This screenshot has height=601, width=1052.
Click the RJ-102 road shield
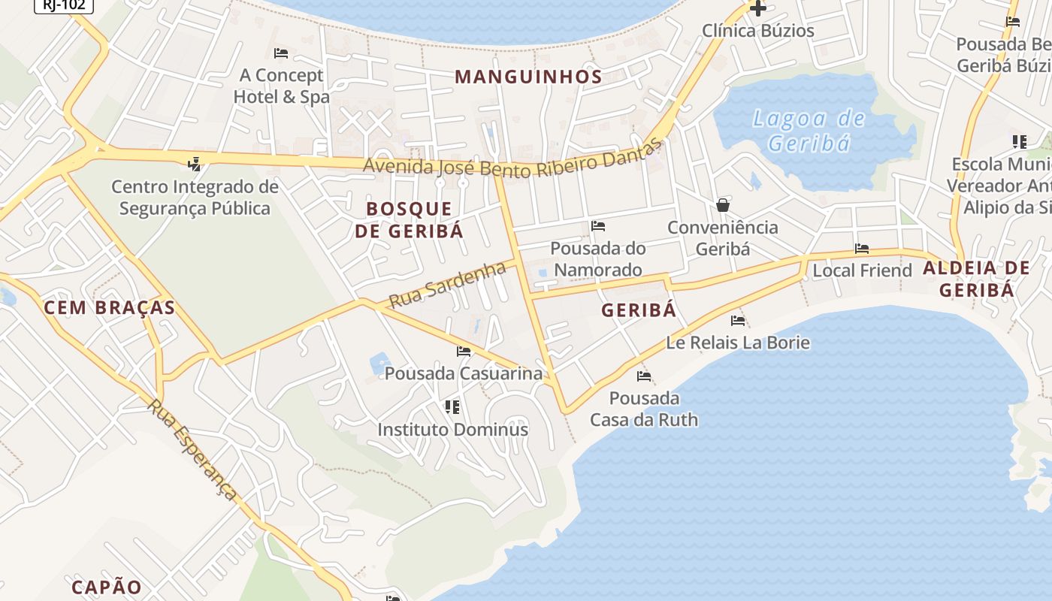[64, 5]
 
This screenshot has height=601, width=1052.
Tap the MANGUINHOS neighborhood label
[528, 77]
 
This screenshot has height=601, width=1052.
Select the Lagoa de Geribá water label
[809, 131]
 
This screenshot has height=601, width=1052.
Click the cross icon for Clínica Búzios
[758, 8]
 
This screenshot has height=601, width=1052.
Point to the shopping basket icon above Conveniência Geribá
[723, 204]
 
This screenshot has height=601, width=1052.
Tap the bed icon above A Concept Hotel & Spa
[281, 53]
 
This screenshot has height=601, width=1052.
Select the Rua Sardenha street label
[447, 283]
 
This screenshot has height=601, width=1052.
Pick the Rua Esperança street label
[192, 449]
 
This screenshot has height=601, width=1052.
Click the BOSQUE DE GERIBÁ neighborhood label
[409, 219]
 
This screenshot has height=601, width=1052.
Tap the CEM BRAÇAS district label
[110, 307]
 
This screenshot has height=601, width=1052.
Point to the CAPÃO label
[107, 587]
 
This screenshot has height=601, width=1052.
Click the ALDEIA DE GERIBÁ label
[976, 279]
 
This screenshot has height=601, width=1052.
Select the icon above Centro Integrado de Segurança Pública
[195, 163]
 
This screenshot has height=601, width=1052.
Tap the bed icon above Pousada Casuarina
[464, 351]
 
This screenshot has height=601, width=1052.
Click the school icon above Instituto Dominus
[452, 407]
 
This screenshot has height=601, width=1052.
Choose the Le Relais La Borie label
[738, 343]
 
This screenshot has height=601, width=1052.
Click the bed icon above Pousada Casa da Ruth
[644, 376]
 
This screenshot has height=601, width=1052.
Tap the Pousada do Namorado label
[598, 258]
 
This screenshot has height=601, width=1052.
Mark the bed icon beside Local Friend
[862, 248]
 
